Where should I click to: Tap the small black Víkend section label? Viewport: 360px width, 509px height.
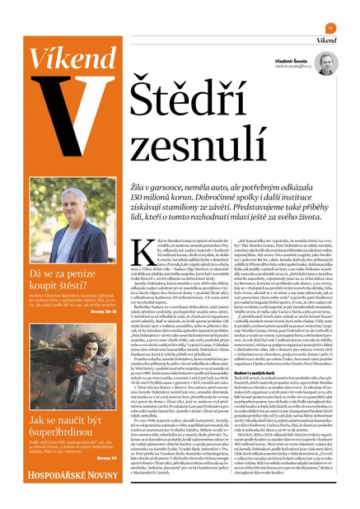[327, 40]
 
